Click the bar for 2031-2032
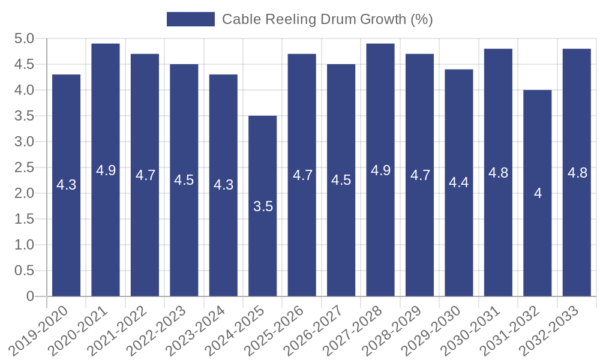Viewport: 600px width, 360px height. point(538,193)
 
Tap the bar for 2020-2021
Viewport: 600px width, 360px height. point(106,170)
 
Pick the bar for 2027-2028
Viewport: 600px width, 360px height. point(380,170)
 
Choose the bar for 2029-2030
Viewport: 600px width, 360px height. point(459,182)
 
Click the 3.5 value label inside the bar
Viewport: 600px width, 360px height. point(263,206)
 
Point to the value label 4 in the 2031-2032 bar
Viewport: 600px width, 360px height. point(538,193)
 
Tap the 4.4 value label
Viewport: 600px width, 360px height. point(459,182)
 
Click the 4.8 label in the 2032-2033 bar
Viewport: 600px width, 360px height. point(577,173)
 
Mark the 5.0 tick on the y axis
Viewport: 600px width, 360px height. point(25,39)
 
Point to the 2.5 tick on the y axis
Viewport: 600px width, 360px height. point(25,167)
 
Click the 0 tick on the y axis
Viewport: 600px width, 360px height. point(30,296)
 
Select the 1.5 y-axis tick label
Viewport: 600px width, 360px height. point(25,219)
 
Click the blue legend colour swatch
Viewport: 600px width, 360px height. point(190,19)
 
